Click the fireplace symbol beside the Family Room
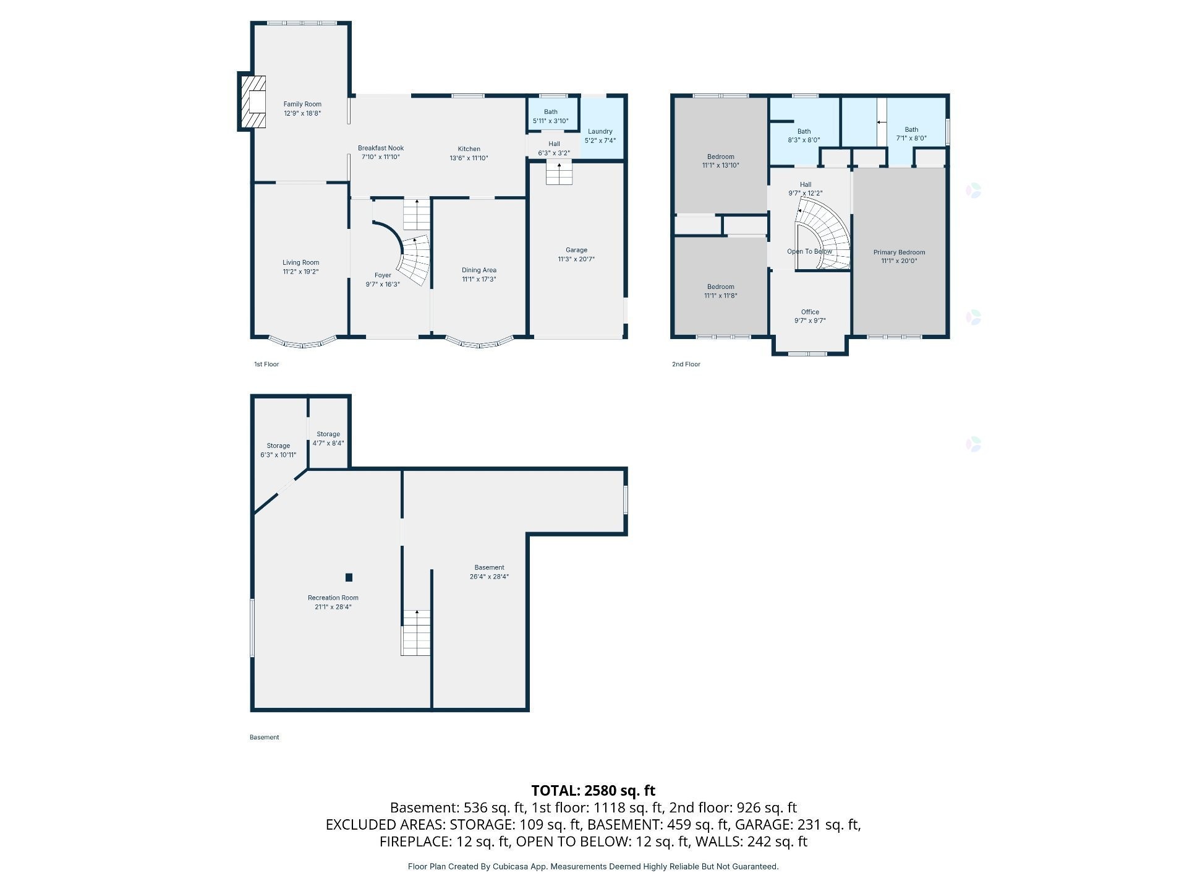tap(253, 102)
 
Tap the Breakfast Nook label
tap(381, 148)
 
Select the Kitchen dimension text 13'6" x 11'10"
tap(469, 158)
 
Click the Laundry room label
tap(600, 131)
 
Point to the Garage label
tap(576, 250)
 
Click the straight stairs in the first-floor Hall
tap(559, 173)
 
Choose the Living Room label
tap(301, 262)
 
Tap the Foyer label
tap(383, 275)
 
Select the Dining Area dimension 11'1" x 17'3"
tap(479, 279)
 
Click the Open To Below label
tap(810, 251)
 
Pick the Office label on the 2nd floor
tap(810, 312)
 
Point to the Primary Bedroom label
tap(899, 252)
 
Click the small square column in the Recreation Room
tap(349, 577)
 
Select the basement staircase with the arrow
tap(416, 632)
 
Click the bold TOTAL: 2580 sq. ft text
tap(593, 790)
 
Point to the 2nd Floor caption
tap(686, 364)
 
